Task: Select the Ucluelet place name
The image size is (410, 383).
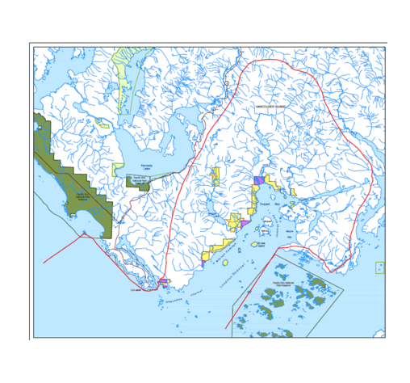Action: pyautogui.click(x=133, y=289)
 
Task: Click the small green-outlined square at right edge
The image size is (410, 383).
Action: pyautogui.click(x=379, y=268)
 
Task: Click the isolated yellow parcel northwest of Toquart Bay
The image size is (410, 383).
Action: pyautogui.click(x=215, y=174)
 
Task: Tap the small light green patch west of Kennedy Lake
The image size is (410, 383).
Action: pyautogui.click(x=102, y=124)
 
